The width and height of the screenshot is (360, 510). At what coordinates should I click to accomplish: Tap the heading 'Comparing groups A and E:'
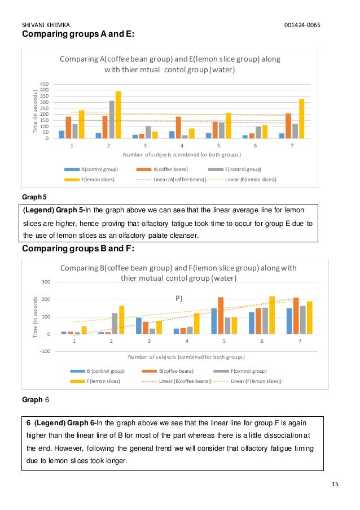point(78,34)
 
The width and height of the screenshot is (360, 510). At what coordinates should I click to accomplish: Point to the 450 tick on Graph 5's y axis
point(45,84)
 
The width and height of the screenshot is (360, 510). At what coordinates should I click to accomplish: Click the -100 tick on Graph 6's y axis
point(43,351)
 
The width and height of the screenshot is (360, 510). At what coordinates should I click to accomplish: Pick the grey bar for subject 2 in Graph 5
point(112,119)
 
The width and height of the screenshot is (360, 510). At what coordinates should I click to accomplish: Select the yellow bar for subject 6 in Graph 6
point(271,315)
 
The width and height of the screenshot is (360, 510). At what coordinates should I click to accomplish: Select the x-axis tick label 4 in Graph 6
point(186,341)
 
